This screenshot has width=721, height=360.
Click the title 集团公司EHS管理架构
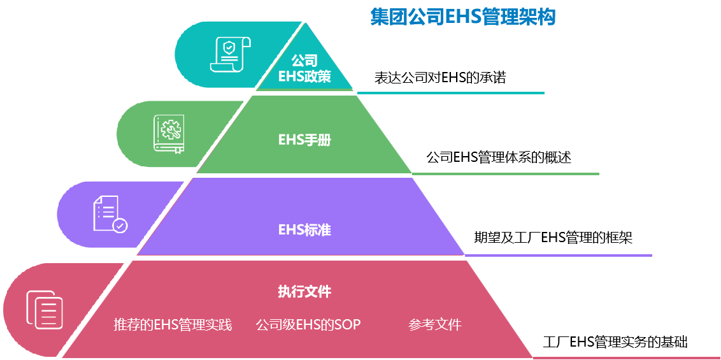tap(463, 17)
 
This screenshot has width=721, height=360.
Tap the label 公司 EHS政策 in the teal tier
tap(304, 69)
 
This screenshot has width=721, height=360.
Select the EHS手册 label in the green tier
tap(304, 140)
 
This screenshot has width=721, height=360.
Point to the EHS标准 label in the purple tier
tap(304, 229)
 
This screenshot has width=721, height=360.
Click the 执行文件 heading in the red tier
tap(304, 292)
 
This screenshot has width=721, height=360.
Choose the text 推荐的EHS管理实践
tap(173, 325)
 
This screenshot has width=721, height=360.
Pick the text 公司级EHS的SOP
tap(308, 325)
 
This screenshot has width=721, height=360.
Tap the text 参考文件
tap(434, 325)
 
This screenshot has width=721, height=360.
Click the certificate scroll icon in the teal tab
tap(231, 55)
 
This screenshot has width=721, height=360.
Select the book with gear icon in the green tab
tap(169, 134)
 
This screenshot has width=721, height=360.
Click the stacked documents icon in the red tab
tap(45, 310)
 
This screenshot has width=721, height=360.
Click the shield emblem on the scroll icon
tap(228, 48)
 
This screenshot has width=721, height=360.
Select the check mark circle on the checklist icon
tap(120, 225)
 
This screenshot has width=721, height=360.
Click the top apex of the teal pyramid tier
tap(308, 24)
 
